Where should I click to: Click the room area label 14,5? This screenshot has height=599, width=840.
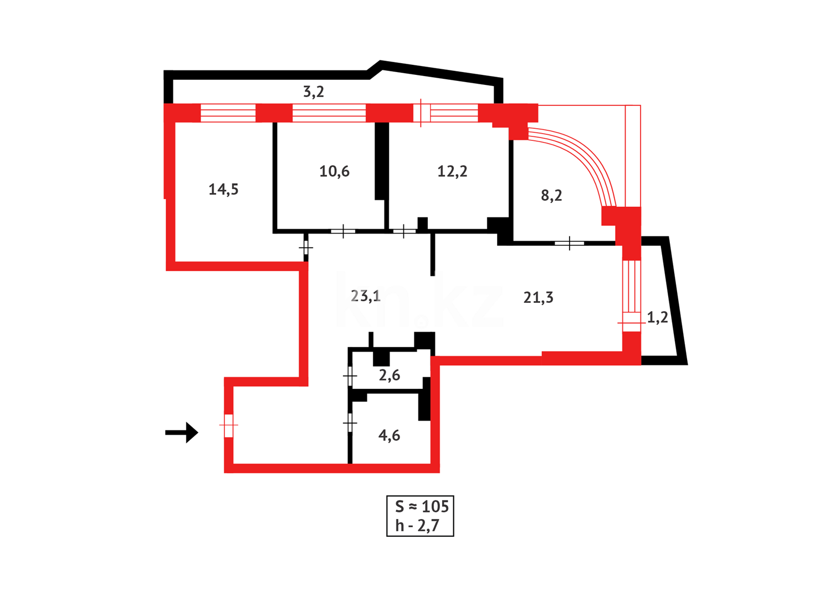(x=223, y=190)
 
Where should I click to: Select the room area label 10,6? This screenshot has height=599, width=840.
(x=334, y=171)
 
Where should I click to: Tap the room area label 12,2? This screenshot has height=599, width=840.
(x=452, y=171)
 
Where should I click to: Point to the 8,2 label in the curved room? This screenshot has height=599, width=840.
(x=551, y=195)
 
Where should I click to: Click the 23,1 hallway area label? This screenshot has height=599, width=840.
(x=366, y=296)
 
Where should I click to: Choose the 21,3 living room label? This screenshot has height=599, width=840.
(x=538, y=298)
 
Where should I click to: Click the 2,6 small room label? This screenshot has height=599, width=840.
(x=389, y=375)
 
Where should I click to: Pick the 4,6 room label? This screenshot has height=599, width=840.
(x=389, y=435)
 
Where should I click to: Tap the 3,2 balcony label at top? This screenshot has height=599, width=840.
(x=313, y=92)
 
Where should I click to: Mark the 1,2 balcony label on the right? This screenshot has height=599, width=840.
(x=657, y=318)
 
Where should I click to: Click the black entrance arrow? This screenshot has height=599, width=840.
(x=182, y=433)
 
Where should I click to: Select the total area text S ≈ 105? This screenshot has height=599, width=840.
(x=421, y=506)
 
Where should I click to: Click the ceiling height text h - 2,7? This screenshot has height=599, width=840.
(x=417, y=526)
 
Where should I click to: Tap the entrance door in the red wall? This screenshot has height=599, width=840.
(x=228, y=425)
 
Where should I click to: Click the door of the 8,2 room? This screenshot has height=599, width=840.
(x=570, y=243)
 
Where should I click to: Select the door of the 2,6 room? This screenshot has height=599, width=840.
(x=350, y=377)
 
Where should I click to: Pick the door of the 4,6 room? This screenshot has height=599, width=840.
(x=350, y=424)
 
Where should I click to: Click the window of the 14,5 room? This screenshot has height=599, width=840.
(x=228, y=113)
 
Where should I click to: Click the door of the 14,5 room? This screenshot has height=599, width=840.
(x=305, y=247)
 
